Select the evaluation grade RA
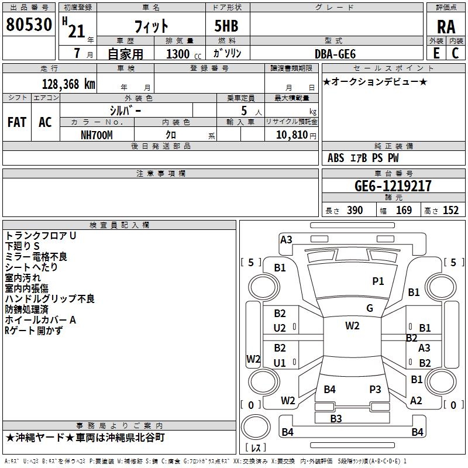tap(446, 27)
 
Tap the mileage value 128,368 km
tap(68, 84)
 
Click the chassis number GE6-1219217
tap(393, 186)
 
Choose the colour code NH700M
tap(97, 135)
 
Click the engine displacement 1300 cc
tap(181, 54)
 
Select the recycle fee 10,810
tap(291, 135)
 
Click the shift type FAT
tap(16, 122)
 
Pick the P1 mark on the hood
tap(378, 281)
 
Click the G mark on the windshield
tap(370, 308)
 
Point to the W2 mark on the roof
tap(352, 326)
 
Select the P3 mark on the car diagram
tap(375, 389)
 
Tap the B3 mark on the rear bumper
tap(336, 418)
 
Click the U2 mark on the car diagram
tap(280, 328)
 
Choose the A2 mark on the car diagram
tap(416, 401)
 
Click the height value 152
tap(450, 211)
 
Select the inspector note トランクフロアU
tap(41, 236)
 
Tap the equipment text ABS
tap(336, 158)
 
